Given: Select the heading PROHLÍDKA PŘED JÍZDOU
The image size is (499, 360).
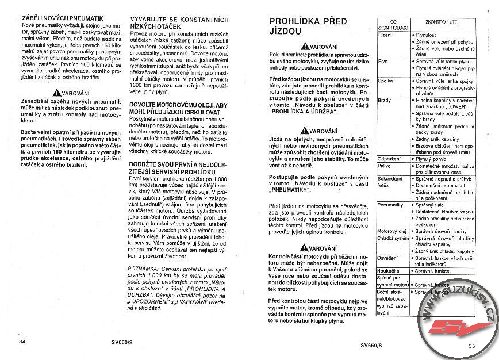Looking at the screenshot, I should (x=308, y=27).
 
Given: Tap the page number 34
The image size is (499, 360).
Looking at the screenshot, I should (x=22, y=342).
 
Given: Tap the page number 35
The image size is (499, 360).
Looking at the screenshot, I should (x=471, y=346).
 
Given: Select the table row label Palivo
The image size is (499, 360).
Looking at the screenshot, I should (x=384, y=165).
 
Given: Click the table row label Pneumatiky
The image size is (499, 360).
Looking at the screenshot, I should (x=390, y=205).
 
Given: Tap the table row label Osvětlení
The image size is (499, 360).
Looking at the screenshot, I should (x=388, y=257).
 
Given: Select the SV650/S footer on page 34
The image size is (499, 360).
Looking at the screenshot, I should (x=124, y=342).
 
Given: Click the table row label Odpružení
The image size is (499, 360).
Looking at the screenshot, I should (x=388, y=158).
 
